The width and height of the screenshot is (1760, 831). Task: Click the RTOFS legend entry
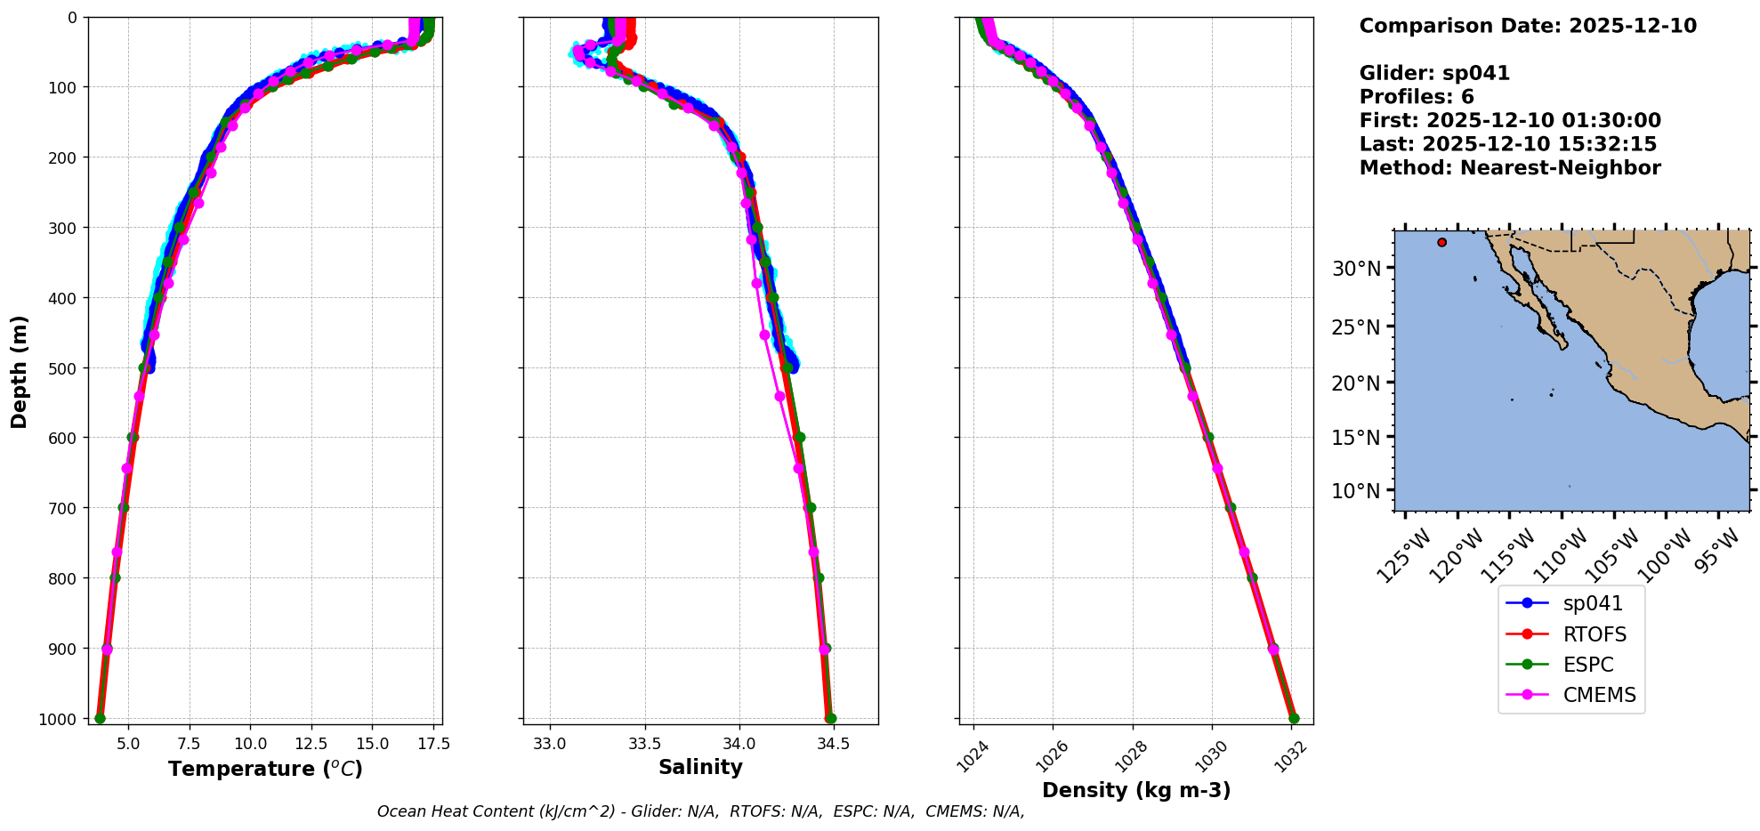pos(1594,634)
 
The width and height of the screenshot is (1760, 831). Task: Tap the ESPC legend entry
pos(1587,665)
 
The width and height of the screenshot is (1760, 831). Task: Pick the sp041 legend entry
pos(1593,603)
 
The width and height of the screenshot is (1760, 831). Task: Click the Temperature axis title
pos(265,769)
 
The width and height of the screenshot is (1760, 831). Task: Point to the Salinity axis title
pos(700,767)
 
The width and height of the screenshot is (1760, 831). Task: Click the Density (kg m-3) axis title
pos(1136,790)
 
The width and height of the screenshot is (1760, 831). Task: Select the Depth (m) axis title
pos(20,371)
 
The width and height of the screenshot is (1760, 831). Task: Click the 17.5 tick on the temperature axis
pos(433,743)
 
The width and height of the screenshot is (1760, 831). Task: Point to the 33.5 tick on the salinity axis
pos(644,743)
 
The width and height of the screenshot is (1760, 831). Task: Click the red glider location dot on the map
pos(1441,242)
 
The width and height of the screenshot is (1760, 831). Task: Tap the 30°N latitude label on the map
pos(1356,269)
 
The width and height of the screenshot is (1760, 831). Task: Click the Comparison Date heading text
pos(1528,26)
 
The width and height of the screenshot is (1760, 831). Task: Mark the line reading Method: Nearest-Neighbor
pos(1510,168)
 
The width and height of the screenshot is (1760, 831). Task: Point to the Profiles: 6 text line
pos(1417,97)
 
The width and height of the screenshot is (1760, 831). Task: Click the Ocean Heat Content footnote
pos(700,811)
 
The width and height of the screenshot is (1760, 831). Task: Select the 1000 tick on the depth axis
pos(57,719)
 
